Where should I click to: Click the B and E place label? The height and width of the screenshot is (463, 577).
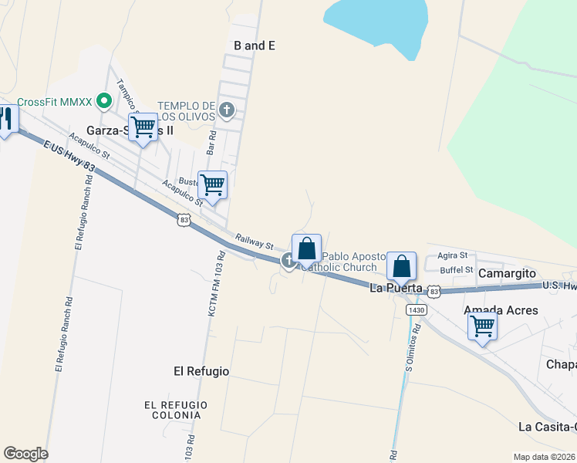pos(255,46)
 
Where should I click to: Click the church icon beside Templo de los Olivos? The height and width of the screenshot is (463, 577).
pos(226,110)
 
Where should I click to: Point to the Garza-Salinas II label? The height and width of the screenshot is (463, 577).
pos(130,130)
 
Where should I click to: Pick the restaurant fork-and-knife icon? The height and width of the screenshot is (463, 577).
pos(6,119)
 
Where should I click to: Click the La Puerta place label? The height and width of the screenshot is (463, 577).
pos(396,288)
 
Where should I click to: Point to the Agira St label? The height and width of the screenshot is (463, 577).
pos(453,255)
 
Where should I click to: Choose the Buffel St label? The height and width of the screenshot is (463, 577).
pos(456,270)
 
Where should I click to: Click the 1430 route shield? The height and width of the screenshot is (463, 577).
pos(417,309)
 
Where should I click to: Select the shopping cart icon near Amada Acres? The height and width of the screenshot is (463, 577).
pos(483,326)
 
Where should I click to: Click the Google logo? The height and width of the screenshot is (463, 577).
pos(25,454)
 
